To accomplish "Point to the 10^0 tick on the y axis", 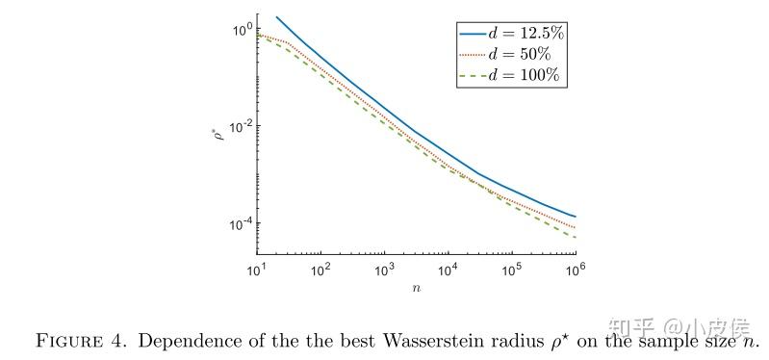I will (240, 29).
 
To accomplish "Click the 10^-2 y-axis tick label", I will (238, 126).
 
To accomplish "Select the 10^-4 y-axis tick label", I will (238, 223).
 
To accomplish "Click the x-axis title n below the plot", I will (416, 286).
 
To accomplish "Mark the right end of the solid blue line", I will (575, 216).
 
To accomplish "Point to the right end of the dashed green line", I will (575, 237).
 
